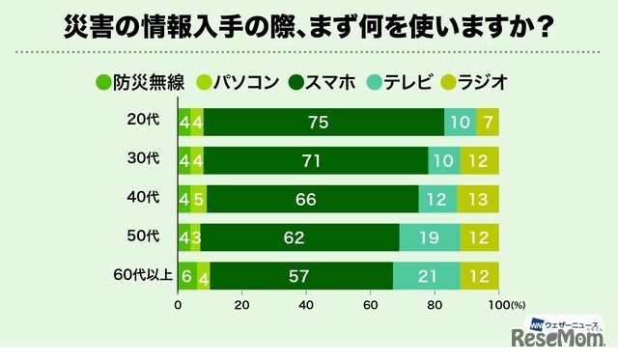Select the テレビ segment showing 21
[x=426, y=276]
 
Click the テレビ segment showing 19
[x=430, y=237]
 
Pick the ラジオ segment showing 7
[x=488, y=121]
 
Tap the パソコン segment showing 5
[x=199, y=198]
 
